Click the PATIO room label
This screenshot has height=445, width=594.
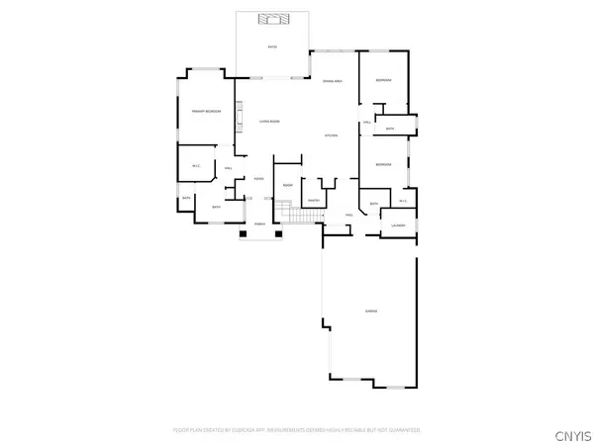click(x=272, y=47)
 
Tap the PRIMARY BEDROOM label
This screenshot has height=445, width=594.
click(x=205, y=112)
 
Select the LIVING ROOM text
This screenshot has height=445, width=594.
click(x=270, y=121)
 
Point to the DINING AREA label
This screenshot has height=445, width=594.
click(x=332, y=81)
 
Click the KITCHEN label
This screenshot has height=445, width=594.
click(x=332, y=134)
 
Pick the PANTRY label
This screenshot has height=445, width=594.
click(x=313, y=201)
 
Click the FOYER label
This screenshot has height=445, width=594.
click(x=257, y=178)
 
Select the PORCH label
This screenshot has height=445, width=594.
click(x=259, y=223)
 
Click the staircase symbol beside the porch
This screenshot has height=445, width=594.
click(x=286, y=210)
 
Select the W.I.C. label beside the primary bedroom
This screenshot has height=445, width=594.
click(x=196, y=165)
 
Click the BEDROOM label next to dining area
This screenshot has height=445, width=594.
click(x=382, y=80)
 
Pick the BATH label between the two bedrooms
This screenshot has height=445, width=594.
click(x=390, y=129)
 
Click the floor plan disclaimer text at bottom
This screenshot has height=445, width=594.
click(x=297, y=430)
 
